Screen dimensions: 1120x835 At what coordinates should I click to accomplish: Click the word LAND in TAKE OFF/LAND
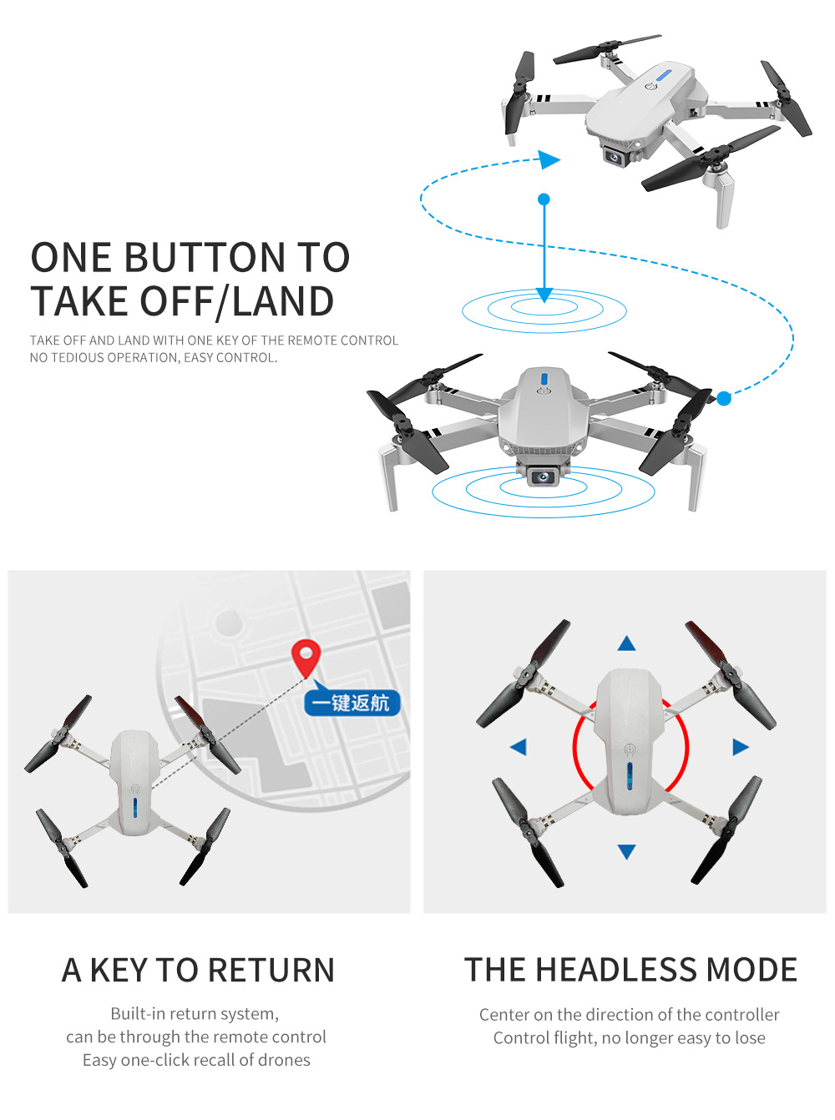coord(283,301)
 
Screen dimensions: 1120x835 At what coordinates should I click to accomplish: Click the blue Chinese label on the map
coord(352,703)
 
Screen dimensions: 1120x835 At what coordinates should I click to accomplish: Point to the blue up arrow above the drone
coord(627,643)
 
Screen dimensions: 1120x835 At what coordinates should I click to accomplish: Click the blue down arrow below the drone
coord(627,851)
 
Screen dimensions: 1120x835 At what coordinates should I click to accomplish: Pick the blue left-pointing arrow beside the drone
coord(519,747)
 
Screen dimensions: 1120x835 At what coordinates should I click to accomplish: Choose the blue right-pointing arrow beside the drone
coord(740,747)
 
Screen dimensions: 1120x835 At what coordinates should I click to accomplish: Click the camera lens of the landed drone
coord(544,477)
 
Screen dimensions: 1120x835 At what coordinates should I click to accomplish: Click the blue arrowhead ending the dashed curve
coord(549,159)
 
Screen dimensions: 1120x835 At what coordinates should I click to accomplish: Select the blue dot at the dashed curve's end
coord(724,399)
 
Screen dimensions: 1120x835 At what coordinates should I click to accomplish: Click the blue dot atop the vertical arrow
coord(544,199)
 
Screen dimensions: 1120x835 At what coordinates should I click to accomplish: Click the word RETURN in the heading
coord(271,971)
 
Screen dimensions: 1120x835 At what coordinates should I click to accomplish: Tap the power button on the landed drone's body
coord(544,390)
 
